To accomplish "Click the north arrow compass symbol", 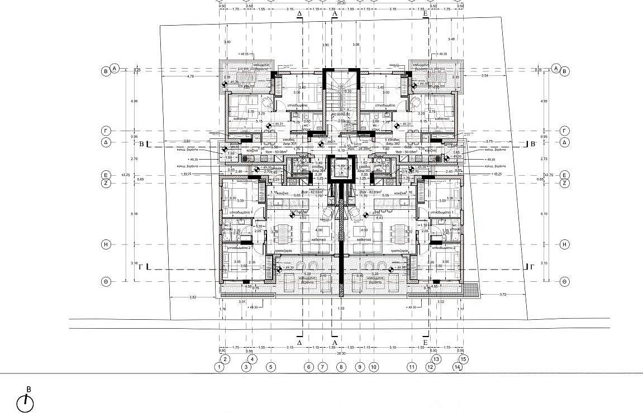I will click(25, 402).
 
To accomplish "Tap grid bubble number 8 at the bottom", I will click(341, 367).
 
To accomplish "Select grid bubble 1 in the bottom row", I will click(220, 367).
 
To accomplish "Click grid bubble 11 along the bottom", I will click(412, 367).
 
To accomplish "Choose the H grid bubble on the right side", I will click(565, 244).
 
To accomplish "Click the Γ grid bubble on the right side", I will click(565, 131).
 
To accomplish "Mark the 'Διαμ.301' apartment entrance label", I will click(289, 143).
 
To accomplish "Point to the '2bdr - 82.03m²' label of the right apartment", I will click(370, 193).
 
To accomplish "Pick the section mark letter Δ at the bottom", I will click(299, 342).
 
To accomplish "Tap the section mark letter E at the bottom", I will click(425, 342).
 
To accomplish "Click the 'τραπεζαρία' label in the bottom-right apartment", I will click(401, 251).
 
